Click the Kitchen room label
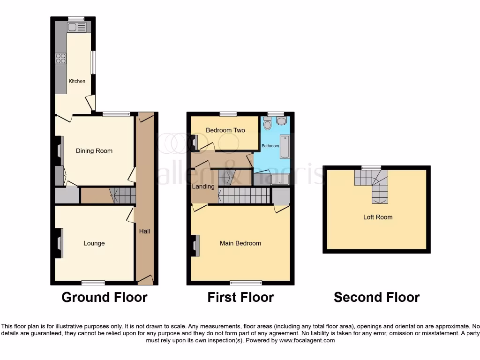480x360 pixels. tap(77, 81)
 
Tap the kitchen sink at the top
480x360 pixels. tap(76, 27)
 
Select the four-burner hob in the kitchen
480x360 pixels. tap(61, 58)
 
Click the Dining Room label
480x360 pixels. tap(94, 151)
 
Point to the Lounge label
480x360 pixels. tap(94, 243)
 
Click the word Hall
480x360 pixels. tap(144, 231)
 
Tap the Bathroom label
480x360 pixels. tap(270, 146)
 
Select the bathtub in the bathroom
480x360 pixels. tap(285, 147)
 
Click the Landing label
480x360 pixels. tap(203, 187)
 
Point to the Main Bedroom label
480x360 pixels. tap(240, 243)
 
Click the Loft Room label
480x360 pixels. tap(378, 217)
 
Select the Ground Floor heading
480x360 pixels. tap(105, 297)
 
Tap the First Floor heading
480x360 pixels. tap(240, 297)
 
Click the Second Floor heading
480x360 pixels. tap(377, 297)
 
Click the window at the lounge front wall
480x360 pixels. tap(93, 283)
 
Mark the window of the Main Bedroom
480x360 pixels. tap(246, 283)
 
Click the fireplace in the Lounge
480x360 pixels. tap(59, 243)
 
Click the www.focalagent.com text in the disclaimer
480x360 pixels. tap(307, 341)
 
